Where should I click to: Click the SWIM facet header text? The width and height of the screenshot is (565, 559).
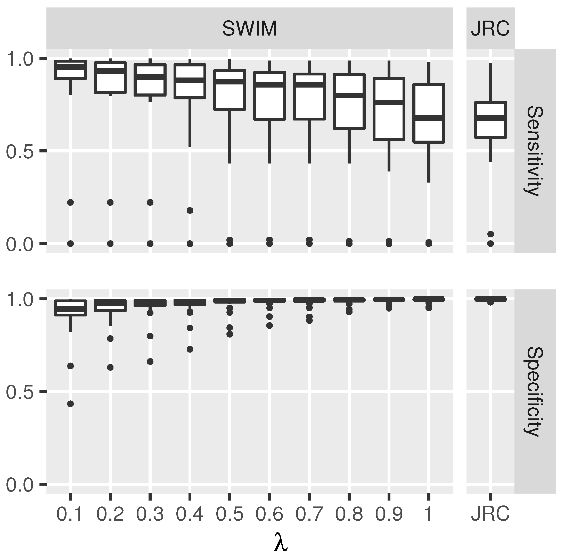(249, 29)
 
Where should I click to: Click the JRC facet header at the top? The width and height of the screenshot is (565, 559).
(490, 29)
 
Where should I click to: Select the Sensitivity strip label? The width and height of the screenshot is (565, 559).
(535, 151)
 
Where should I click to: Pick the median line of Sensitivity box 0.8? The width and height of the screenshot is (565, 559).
(349, 96)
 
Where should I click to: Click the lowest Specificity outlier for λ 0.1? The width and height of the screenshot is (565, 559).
(70, 404)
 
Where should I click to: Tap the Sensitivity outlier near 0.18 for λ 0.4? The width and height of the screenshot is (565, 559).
(190, 211)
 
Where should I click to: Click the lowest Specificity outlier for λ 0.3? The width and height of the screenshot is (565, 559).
(150, 362)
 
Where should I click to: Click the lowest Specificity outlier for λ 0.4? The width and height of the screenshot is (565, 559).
(190, 350)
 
